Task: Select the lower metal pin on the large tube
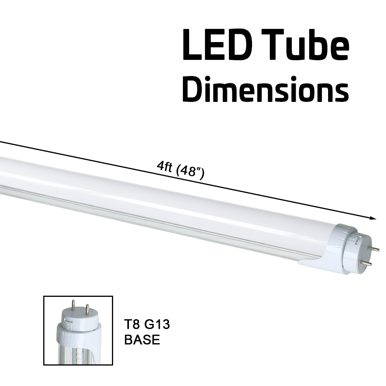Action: click(x=367, y=263)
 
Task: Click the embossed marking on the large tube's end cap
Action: click(x=352, y=239)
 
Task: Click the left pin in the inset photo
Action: click(x=73, y=307)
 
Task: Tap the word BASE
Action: click(x=142, y=340)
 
